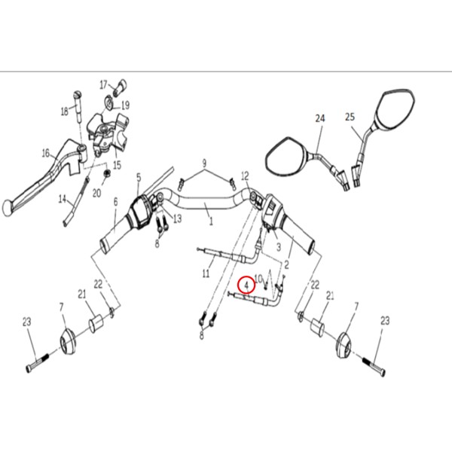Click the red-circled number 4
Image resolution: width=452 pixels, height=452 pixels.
point(246,285)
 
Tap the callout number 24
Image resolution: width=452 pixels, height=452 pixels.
point(319,118)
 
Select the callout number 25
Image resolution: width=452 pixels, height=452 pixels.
point(350,117)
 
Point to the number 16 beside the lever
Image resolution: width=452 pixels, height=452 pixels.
point(46,153)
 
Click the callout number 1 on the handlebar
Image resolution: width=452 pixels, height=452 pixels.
point(211,221)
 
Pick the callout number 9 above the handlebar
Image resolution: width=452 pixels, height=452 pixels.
point(204,163)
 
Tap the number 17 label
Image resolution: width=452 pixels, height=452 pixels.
point(104,84)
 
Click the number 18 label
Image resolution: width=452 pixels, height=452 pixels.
point(65,111)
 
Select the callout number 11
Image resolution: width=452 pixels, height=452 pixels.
point(206,273)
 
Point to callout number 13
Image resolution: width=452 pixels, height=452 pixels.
point(178,218)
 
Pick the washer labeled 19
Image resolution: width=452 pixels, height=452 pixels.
point(109,102)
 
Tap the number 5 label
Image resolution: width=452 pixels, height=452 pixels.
point(139,178)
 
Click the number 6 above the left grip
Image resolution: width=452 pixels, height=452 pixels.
point(115,202)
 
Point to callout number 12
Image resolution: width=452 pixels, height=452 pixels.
point(245,176)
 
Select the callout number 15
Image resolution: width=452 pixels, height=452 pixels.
point(117,166)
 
